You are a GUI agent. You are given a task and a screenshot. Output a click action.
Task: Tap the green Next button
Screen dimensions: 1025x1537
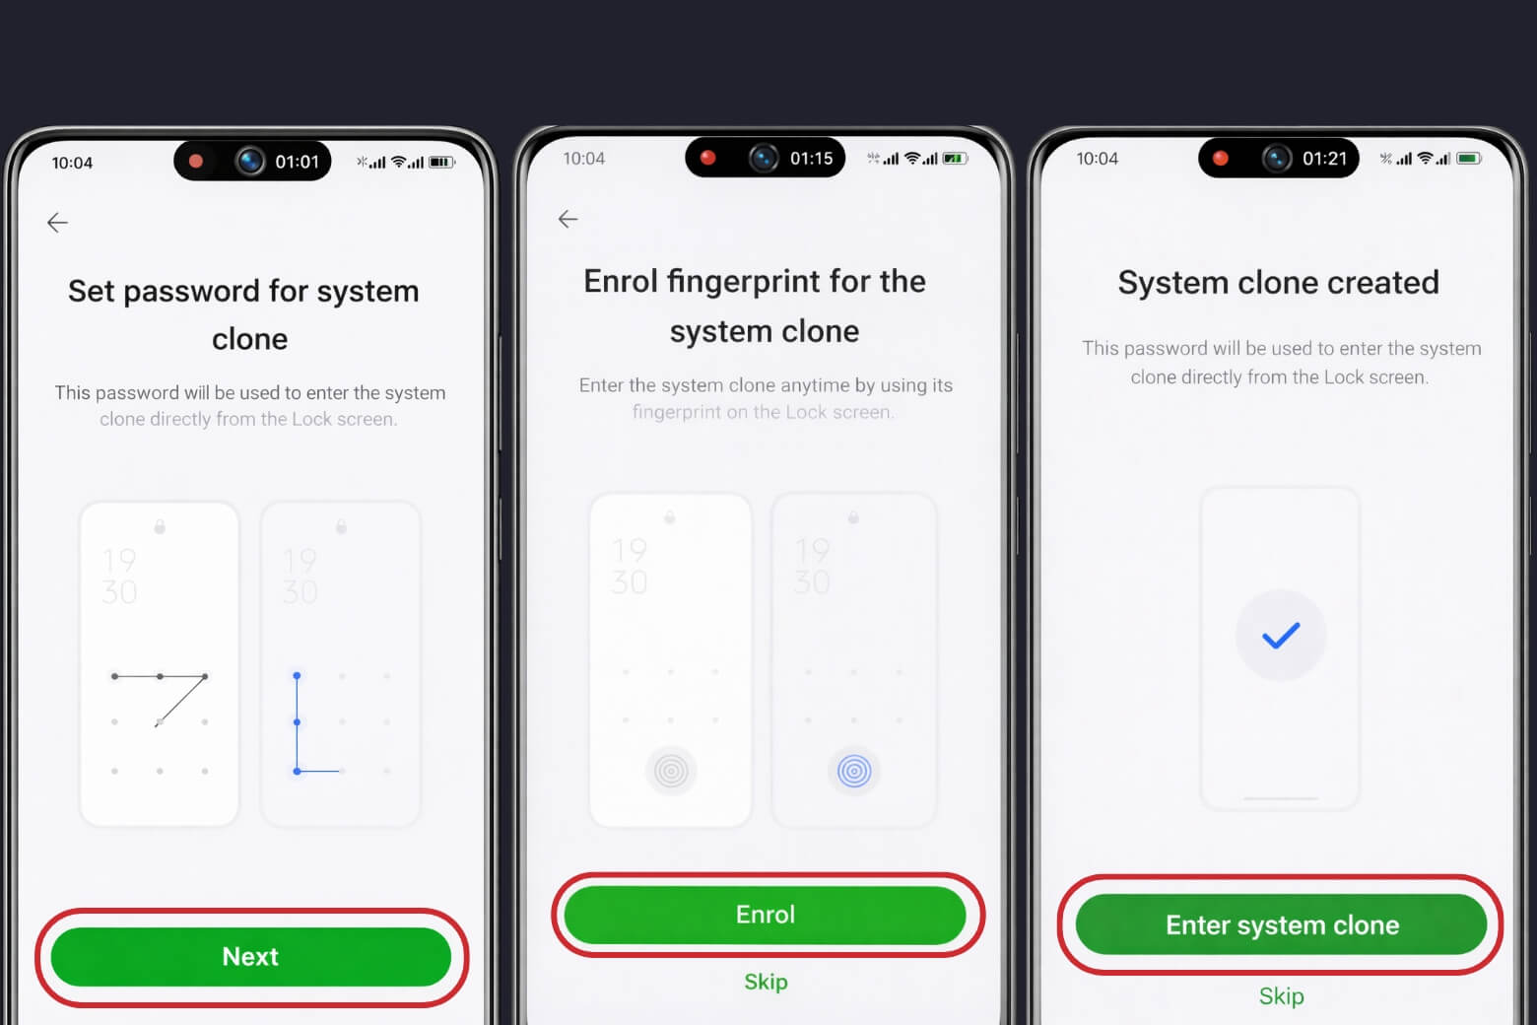pyautogui.click(x=250, y=956)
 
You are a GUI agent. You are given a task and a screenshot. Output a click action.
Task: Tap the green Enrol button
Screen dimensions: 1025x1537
pyautogui.click(x=765, y=915)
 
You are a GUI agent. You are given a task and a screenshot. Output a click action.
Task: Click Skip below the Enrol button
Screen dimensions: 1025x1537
pyautogui.click(x=766, y=982)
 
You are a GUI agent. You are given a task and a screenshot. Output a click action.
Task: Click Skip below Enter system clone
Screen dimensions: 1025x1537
pyautogui.click(x=1281, y=996)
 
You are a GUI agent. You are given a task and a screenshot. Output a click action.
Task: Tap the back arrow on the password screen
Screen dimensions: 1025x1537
pyautogui.click(x=58, y=223)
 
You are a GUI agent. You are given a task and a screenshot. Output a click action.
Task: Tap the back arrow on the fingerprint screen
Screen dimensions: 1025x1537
pyautogui.click(x=568, y=219)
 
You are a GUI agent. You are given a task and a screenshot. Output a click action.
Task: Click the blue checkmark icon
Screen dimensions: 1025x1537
pyautogui.click(x=1280, y=636)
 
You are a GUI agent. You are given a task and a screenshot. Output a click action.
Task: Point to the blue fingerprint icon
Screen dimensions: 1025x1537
pyautogui.click(x=854, y=771)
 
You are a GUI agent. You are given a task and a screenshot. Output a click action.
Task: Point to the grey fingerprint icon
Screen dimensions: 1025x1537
pyautogui.click(x=671, y=771)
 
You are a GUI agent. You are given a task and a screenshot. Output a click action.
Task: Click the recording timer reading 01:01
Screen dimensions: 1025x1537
pyautogui.click(x=297, y=162)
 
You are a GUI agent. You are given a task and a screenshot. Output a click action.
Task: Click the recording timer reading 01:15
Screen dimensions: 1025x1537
pyautogui.click(x=811, y=158)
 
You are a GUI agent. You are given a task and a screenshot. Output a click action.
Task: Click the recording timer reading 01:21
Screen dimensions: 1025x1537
pyautogui.click(x=1324, y=158)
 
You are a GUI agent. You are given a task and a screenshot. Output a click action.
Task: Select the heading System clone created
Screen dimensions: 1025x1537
pyautogui.click(x=1278, y=283)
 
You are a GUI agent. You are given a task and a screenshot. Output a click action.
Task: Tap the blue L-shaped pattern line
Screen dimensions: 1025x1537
pyautogui.click(x=297, y=724)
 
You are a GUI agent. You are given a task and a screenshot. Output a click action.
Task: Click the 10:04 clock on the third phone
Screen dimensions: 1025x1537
pyautogui.click(x=1097, y=159)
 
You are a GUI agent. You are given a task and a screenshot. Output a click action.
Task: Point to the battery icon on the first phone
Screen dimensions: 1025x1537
pyautogui.click(x=440, y=163)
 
